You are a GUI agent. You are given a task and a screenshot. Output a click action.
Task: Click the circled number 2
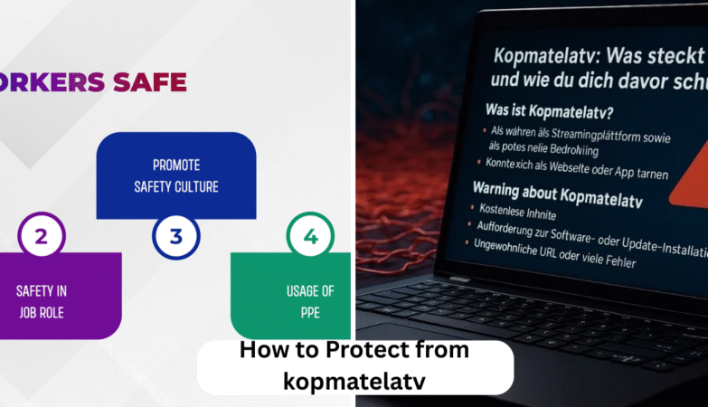tap(41, 238)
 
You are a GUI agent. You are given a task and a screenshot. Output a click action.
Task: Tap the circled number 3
tap(176, 237)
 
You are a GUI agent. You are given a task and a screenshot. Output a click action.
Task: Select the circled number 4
tap(311, 237)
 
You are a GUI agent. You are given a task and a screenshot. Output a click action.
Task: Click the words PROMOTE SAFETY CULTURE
tap(176, 176)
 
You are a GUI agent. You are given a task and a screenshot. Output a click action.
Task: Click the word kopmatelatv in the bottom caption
tap(354, 380)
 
